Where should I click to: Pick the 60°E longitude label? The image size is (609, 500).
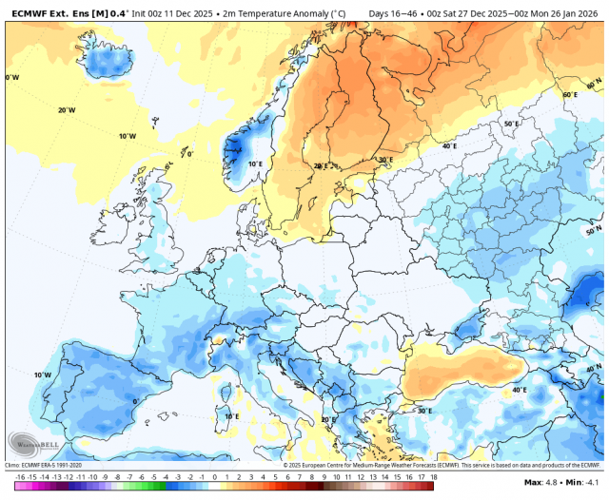[569, 95]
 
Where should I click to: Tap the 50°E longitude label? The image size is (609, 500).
[511, 125]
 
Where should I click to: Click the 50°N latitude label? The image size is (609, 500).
[594, 231]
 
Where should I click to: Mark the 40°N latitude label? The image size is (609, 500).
[594, 368]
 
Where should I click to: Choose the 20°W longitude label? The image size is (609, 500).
[67, 110]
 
